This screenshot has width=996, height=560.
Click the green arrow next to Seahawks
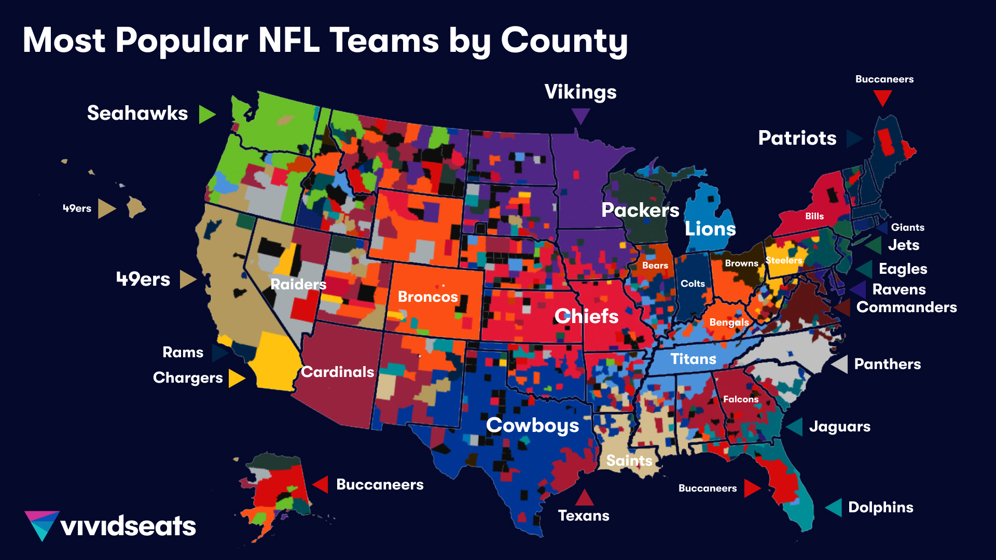tap(206, 114)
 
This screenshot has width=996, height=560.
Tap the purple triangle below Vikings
tap(580, 115)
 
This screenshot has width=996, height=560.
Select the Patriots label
tap(797, 138)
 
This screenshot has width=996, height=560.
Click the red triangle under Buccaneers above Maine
tap(882, 97)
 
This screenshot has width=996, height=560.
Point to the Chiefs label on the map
tap(586, 316)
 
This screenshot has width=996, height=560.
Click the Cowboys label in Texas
tap(532, 425)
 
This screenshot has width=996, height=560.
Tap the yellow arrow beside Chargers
tap(236, 378)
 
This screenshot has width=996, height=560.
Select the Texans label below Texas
tap(584, 515)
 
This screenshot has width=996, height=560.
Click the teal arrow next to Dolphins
tap(834, 507)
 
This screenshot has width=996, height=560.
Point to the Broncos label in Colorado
tap(427, 297)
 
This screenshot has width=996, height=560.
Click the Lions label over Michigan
tap(710, 229)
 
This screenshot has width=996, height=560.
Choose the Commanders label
tap(906, 307)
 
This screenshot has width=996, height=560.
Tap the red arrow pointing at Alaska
tap(321, 484)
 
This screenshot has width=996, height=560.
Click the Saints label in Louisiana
tap(629, 460)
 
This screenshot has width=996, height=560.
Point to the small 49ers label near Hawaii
tap(77, 208)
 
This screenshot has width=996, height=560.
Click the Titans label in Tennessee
tap(693, 359)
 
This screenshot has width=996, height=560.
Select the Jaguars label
tap(839, 427)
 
